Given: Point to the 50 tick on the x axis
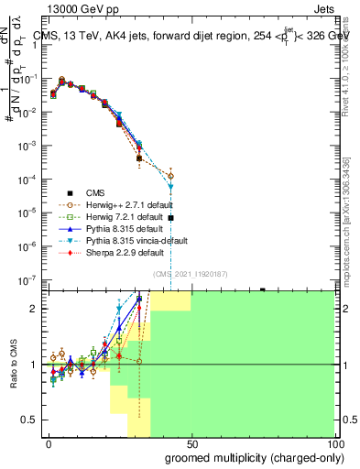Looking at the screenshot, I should point(191,442).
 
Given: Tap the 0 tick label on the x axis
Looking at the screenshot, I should point(49,442).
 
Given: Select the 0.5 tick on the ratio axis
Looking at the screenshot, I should point(32,420).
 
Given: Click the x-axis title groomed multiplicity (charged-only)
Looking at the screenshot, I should point(254,457).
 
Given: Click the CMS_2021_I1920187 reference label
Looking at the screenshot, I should point(190,274).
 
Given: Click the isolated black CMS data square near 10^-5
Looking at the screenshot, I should point(171,218).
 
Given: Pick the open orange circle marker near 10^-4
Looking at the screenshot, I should point(171,175).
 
